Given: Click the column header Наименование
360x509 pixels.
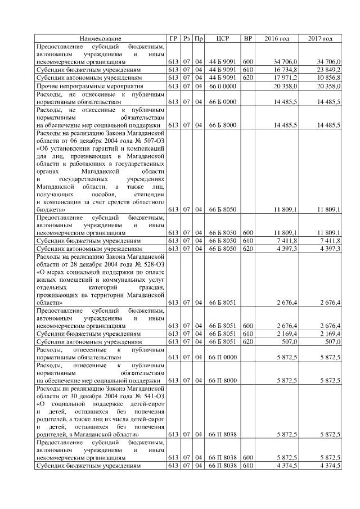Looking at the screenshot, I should point(101,38).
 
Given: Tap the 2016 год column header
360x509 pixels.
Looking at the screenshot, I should point(276,38).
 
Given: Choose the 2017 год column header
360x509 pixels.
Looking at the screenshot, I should point(320,38).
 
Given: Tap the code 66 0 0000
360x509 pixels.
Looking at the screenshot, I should point(221,86).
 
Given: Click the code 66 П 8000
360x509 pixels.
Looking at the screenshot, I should point(221,381).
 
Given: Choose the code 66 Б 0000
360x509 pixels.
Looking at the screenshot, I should point(221,102).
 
